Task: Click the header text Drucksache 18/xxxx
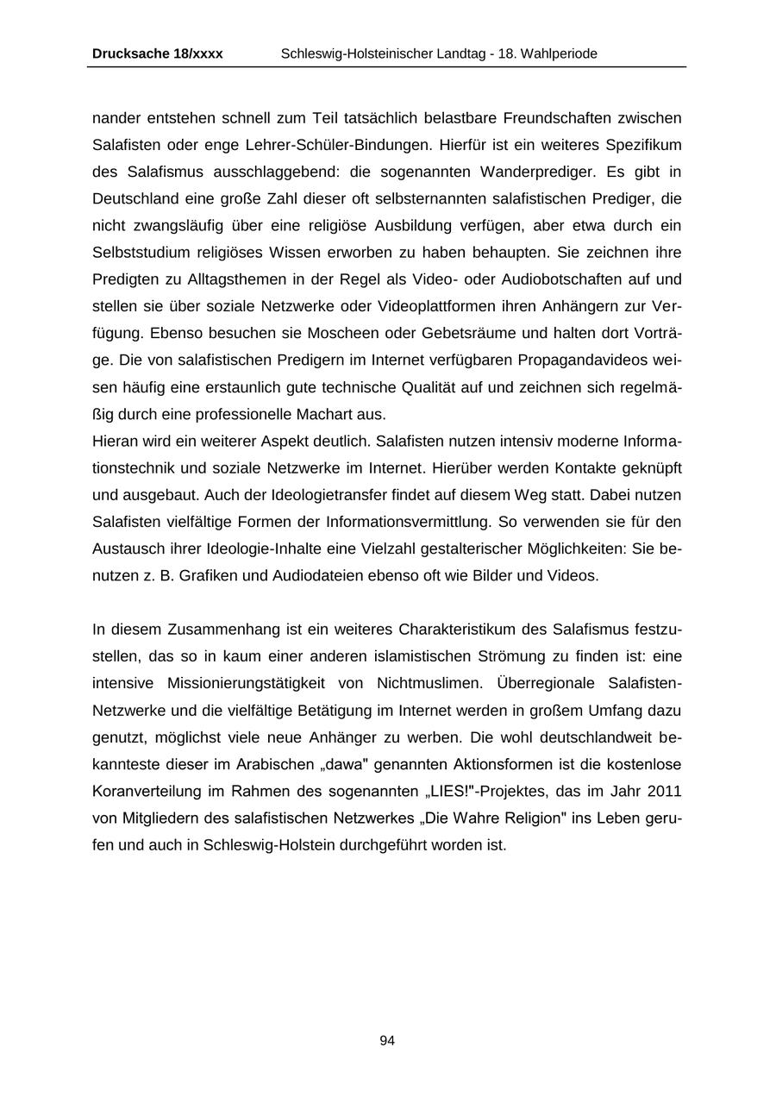click(x=157, y=53)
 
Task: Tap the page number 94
click(x=387, y=1041)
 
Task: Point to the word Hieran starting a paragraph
click(x=114, y=441)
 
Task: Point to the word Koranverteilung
click(x=147, y=791)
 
